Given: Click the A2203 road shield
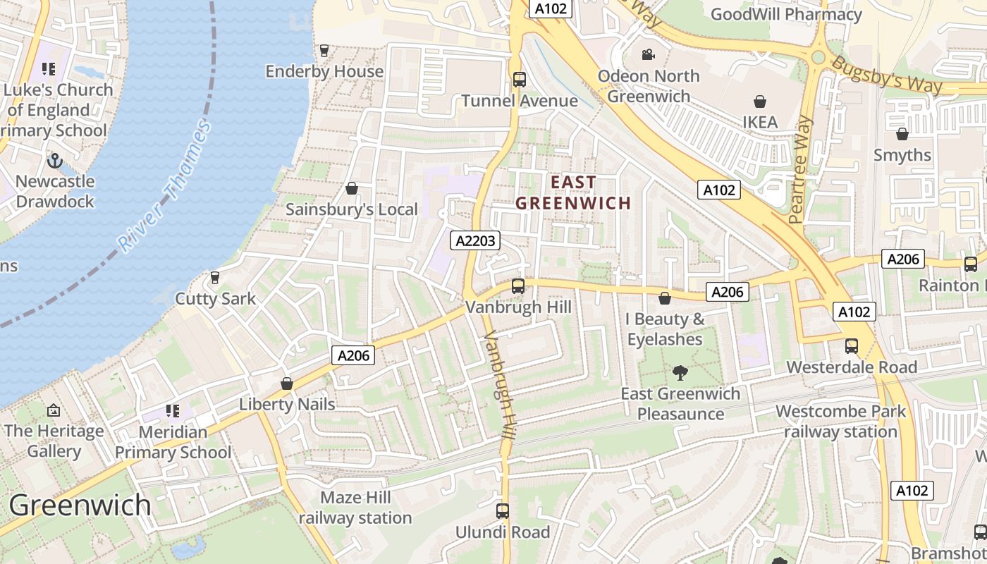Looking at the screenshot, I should (x=474, y=240).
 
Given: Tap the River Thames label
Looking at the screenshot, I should (x=165, y=187).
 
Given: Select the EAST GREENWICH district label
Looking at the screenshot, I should (x=572, y=193).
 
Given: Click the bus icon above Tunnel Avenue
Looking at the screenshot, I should (x=520, y=80).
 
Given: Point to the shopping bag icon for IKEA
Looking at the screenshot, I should (x=760, y=102).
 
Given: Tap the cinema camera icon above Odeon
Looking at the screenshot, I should (x=648, y=55).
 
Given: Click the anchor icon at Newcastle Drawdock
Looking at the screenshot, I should (x=55, y=161).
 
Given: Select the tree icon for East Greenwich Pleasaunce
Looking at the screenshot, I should (x=680, y=372).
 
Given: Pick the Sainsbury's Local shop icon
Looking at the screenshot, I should (x=352, y=188).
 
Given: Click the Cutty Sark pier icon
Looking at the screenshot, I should (x=215, y=278).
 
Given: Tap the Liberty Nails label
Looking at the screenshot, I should (x=287, y=404).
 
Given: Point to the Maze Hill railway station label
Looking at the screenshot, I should (x=355, y=508).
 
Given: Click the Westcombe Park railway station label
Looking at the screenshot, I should (x=840, y=421).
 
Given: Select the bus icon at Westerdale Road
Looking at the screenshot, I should (x=852, y=346).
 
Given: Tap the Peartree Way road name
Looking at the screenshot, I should (x=801, y=170).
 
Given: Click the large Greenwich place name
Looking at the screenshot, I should (x=80, y=505).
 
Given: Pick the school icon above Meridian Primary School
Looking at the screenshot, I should (x=173, y=410).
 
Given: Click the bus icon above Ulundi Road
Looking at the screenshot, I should (x=503, y=511).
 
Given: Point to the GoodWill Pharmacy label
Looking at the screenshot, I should (x=786, y=14).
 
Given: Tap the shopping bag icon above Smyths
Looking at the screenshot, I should (x=902, y=134).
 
